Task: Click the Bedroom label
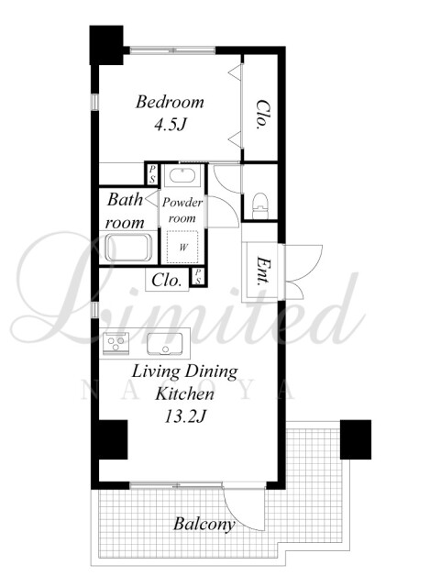pyautogui.click(x=170, y=102)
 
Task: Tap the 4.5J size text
pyautogui.click(x=171, y=126)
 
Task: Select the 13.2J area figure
pyautogui.click(x=185, y=415)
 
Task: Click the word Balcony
pyautogui.click(x=204, y=525)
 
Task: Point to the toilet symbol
pyautogui.click(x=260, y=205)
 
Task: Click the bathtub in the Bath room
pyautogui.click(x=128, y=247)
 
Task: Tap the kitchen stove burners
pyautogui.click(x=116, y=343)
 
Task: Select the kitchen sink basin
pyautogui.click(x=164, y=343)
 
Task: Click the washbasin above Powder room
pyautogui.click(x=182, y=175)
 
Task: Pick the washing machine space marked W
pyautogui.click(x=182, y=248)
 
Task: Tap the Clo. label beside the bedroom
pyautogui.click(x=262, y=114)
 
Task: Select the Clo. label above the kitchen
pyautogui.click(x=167, y=281)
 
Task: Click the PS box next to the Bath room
pyautogui.click(x=152, y=174)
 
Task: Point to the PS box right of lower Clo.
pyautogui.click(x=198, y=276)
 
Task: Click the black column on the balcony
pyautogui.click(x=355, y=439)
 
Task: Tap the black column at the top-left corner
pyautogui.click(x=106, y=45)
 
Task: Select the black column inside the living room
pyautogui.click(x=113, y=439)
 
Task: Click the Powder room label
pyautogui.click(x=182, y=210)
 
